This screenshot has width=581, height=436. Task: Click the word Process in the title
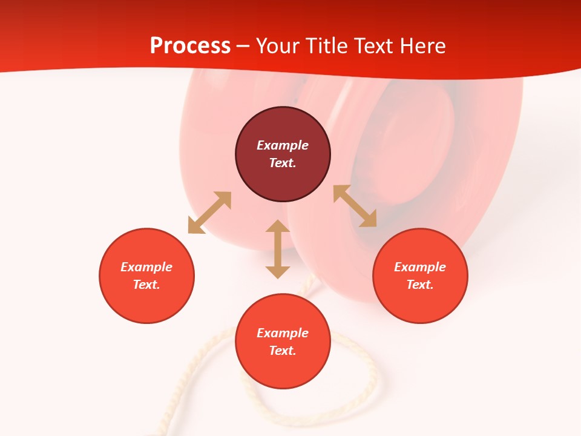[x=190, y=46]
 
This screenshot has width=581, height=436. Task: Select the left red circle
[x=146, y=297]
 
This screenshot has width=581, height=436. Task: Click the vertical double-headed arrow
[x=278, y=249]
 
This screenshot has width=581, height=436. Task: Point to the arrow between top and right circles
[x=355, y=206]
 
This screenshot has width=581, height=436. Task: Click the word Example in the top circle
[x=283, y=145]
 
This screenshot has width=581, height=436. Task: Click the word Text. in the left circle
[x=146, y=285]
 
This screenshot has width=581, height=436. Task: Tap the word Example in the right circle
[x=420, y=267]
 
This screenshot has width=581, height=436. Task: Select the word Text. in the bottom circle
[x=283, y=351]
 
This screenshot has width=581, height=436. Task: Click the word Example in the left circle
[x=146, y=267]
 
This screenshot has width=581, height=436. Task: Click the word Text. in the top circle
[x=283, y=163]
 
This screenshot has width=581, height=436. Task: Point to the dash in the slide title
[x=243, y=46]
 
